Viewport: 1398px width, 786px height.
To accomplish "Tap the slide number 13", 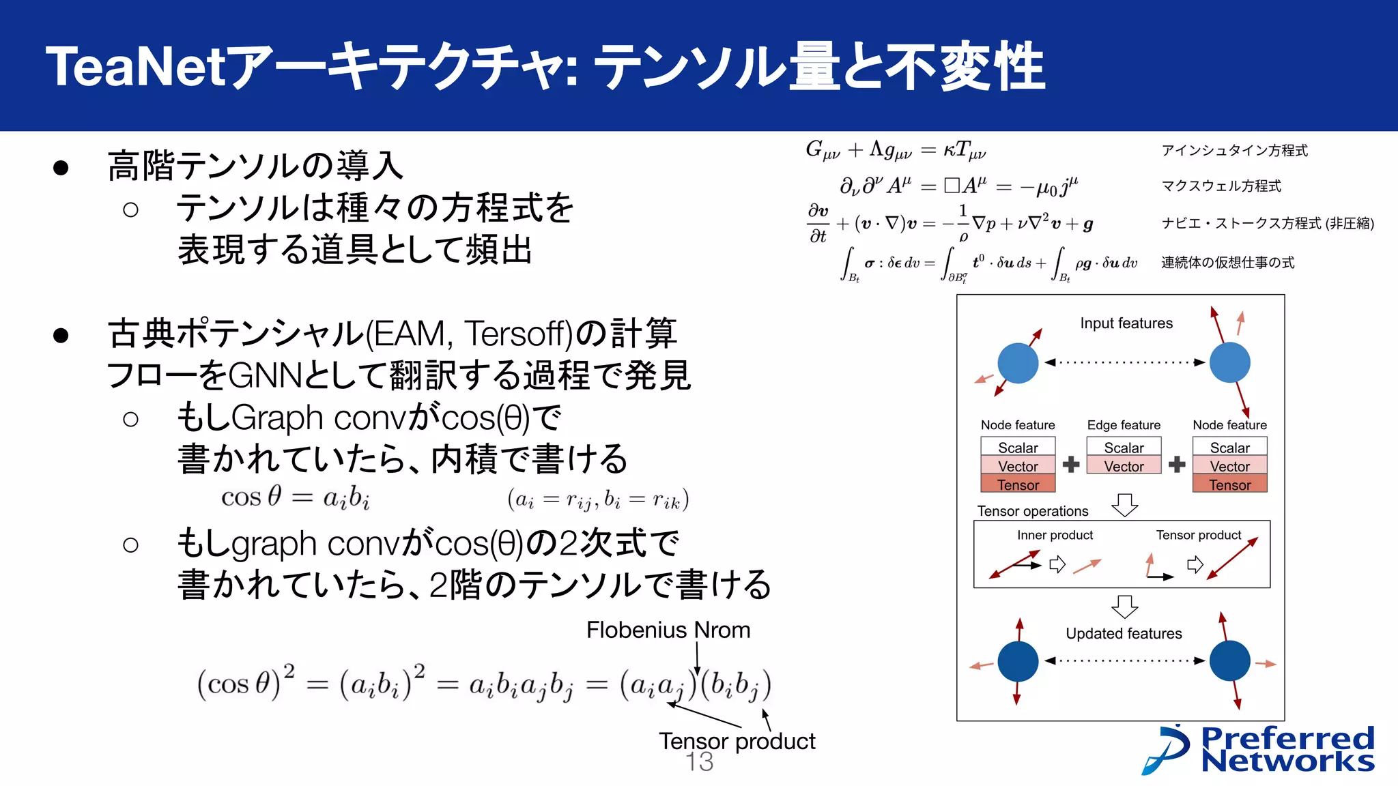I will tap(699, 762).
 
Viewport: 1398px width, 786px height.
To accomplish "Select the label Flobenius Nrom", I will tap(668, 630).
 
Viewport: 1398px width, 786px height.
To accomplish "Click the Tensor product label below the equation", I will tap(737, 741).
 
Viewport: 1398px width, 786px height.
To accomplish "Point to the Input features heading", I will tap(1126, 323).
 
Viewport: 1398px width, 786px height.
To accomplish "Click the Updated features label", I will tap(1124, 633).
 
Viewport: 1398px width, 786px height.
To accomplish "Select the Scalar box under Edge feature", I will tap(1124, 448).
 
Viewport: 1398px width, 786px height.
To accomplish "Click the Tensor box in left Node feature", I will tap(1018, 484).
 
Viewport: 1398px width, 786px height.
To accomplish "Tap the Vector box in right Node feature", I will tap(1229, 466).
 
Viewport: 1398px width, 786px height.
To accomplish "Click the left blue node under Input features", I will tap(1017, 363).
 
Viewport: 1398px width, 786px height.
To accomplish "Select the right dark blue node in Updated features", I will tap(1229, 660).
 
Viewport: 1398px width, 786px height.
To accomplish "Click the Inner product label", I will tap(1055, 535).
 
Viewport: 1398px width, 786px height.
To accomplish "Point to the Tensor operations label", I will tap(1032, 511).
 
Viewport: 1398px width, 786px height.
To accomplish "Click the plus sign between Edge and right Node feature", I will tap(1176, 465).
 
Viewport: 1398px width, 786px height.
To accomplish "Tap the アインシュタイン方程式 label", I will tap(1234, 151).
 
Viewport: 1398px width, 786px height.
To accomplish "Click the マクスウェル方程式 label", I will tap(1221, 186).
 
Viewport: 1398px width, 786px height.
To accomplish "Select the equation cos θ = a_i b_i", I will tap(295, 497).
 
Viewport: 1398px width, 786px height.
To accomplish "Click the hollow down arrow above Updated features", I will tap(1124, 607).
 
